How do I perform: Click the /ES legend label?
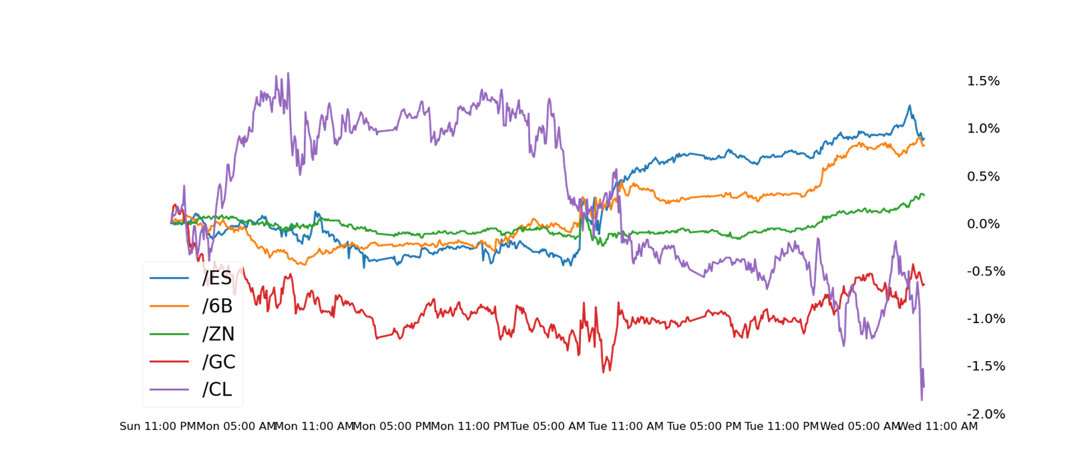(x=217, y=278)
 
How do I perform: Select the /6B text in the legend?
(x=217, y=306)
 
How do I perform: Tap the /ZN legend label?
(x=219, y=334)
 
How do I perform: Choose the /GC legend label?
(x=219, y=362)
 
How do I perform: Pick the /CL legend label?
(x=217, y=389)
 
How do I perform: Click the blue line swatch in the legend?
(x=169, y=278)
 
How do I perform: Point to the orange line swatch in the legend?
(x=169, y=306)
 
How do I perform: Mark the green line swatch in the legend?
(x=169, y=334)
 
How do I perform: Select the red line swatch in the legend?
(x=169, y=362)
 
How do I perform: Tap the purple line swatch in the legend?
(x=169, y=389)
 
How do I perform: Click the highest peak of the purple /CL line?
(x=288, y=74)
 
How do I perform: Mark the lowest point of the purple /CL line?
(x=922, y=400)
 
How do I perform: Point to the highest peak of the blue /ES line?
(x=909, y=106)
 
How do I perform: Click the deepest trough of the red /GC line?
(x=604, y=372)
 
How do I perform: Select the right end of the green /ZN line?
(x=925, y=195)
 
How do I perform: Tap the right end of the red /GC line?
(x=925, y=285)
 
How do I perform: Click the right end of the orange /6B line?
(x=925, y=145)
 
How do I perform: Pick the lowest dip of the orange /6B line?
(x=303, y=265)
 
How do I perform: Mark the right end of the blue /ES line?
(x=925, y=139)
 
